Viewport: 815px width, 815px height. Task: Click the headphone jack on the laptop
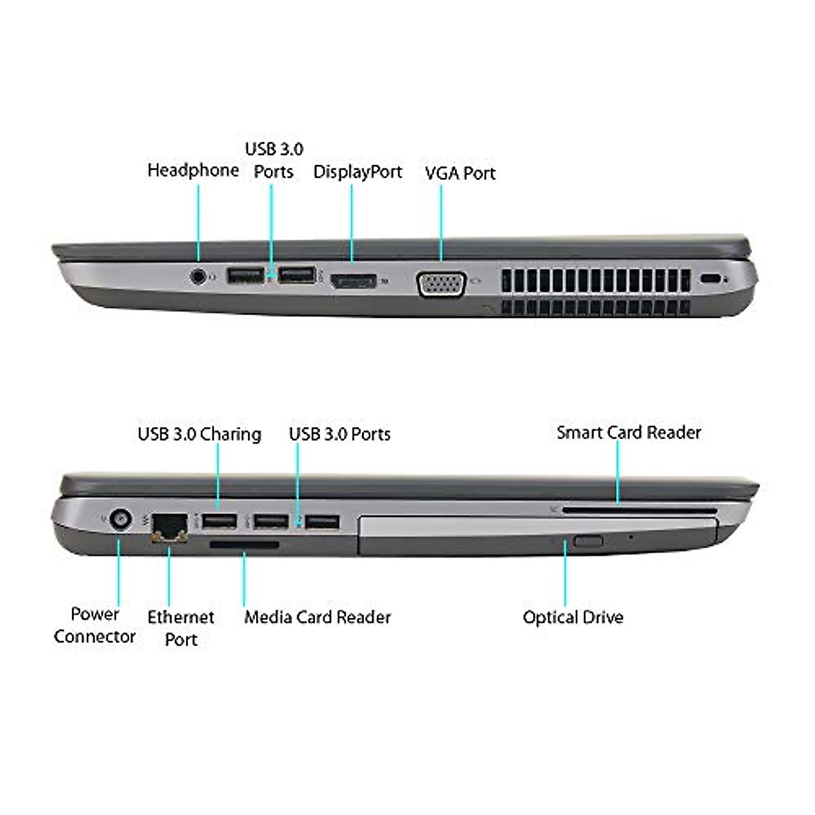coord(198,276)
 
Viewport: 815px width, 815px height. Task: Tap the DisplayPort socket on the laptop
coord(353,280)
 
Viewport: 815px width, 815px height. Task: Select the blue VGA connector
coord(442,284)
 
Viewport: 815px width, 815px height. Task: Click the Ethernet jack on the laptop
coord(168,526)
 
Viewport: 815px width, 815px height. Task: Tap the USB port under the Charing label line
coord(219,522)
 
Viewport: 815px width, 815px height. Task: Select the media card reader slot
coord(244,544)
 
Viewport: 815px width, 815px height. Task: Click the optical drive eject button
coord(587,541)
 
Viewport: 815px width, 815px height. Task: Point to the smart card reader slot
coord(638,509)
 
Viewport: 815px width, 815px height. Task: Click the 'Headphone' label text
coord(193,170)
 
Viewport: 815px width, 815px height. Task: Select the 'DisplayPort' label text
coord(357,172)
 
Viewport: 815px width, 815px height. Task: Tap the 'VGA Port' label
coord(460,173)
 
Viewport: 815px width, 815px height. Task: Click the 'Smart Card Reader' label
coord(628,433)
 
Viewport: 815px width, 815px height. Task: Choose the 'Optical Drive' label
coord(573,617)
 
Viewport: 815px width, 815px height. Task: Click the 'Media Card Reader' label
coord(317,617)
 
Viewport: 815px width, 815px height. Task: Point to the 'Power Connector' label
coord(95,626)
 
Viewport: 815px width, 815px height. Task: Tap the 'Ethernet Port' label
coord(181,628)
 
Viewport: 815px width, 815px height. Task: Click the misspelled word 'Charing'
coord(230,435)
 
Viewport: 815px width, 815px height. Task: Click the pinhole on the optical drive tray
coord(631,537)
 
